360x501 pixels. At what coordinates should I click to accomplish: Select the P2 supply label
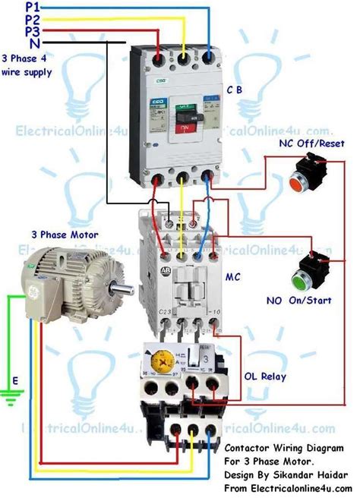11,19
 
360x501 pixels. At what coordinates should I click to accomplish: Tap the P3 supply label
11,32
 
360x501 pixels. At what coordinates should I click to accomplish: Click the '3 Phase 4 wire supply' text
28,66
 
